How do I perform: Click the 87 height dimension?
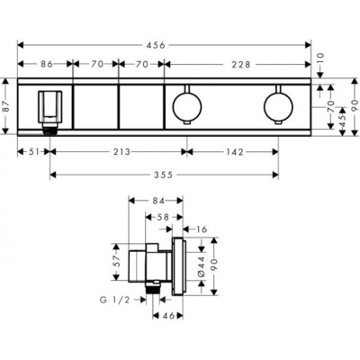8,106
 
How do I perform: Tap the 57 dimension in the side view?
116,261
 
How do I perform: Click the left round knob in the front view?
186,108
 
